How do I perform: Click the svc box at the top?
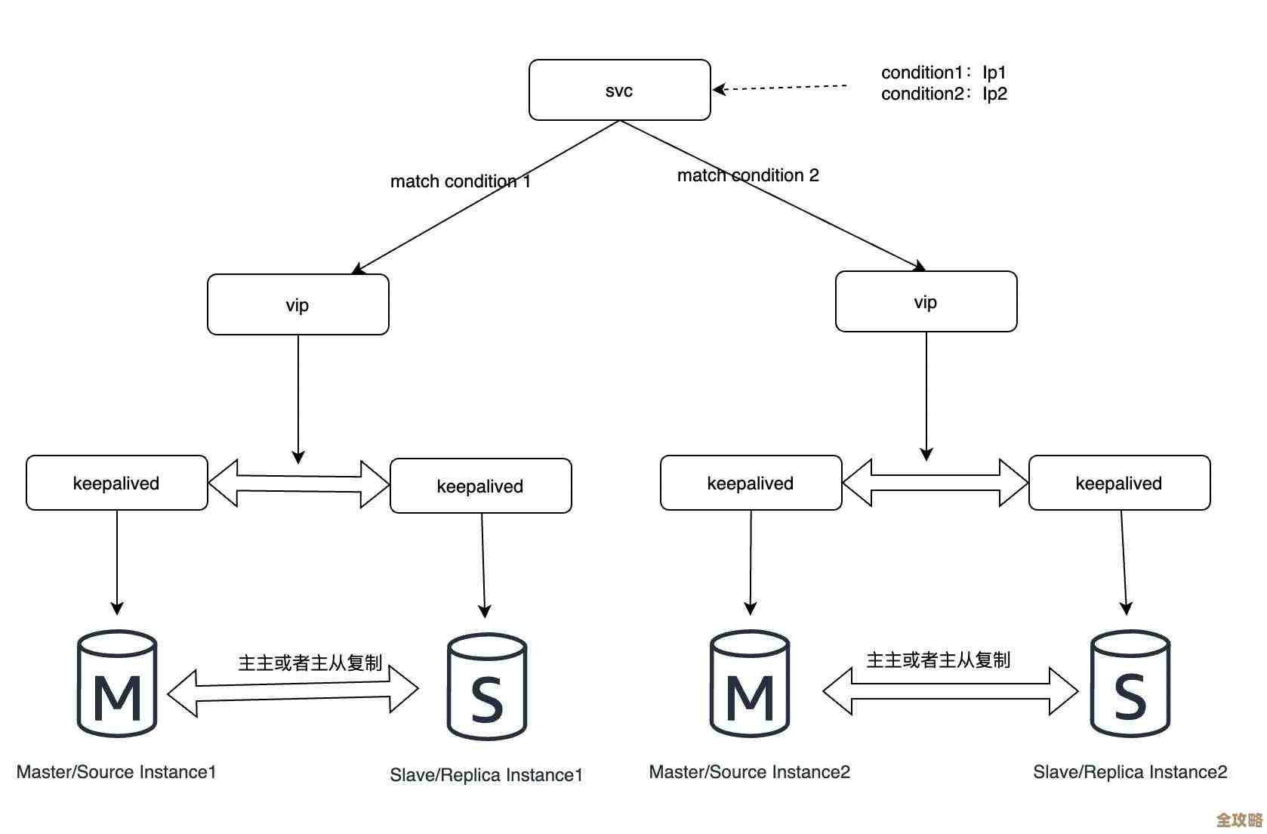tap(619, 90)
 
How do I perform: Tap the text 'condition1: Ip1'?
tap(943, 73)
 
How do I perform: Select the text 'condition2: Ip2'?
tap(943, 94)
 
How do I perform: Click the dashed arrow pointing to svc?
tap(781, 88)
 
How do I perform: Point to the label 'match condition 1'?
tap(460, 181)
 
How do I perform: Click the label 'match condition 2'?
tap(748, 175)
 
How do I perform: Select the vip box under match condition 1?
tap(297, 304)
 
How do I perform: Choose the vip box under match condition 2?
tap(926, 301)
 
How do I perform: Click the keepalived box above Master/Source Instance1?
tap(116, 483)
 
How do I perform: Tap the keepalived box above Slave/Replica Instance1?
tap(480, 486)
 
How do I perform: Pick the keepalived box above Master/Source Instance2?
tap(751, 483)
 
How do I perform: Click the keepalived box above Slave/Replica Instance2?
tap(1119, 483)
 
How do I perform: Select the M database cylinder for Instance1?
tap(117, 684)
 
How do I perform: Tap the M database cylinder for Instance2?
tap(750, 684)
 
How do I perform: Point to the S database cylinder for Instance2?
tap(1130, 684)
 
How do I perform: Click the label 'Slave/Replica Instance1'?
tap(486, 775)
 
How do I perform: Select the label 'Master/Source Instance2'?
tap(749, 772)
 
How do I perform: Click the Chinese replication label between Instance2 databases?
tap(938, 660)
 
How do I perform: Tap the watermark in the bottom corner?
tap(1238, 820)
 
